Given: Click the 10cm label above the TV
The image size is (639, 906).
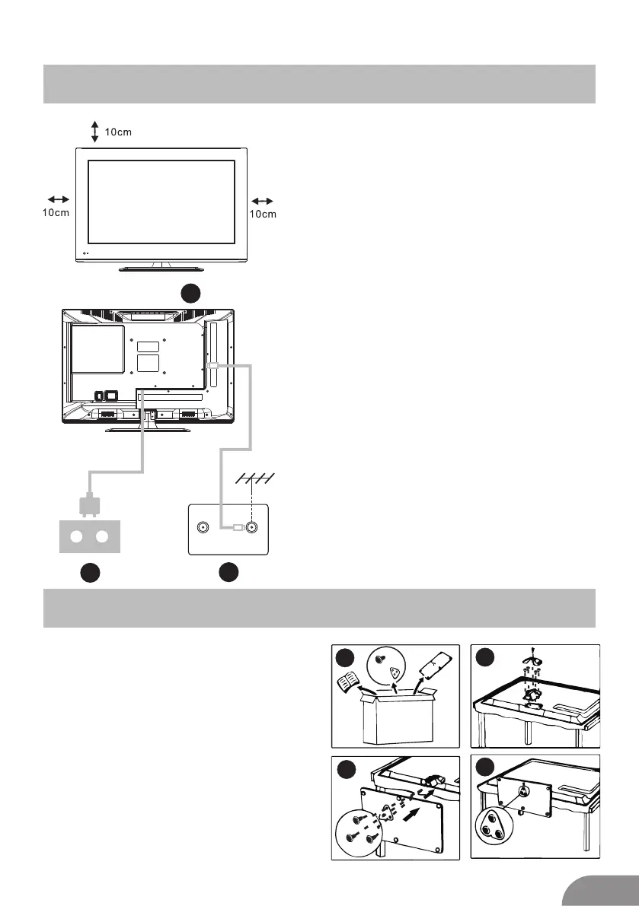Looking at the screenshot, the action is (x=118, y=132).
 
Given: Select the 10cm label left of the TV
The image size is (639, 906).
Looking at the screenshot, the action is (x=55, y=213).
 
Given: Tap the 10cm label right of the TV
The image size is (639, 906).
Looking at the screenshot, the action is (x=263, y=214).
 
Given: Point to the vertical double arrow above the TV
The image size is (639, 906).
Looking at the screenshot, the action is (x=94, y=132).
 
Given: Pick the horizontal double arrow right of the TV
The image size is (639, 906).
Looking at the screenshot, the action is (x=262, y=200).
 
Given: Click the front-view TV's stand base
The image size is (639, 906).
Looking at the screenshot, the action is (x=161, y=269).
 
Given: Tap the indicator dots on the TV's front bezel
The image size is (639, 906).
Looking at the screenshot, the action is (x=85, y=254).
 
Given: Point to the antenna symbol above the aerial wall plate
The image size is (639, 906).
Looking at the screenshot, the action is (x=254, y=478).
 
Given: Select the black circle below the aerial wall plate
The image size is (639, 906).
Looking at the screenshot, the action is (x=228, y=573).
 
